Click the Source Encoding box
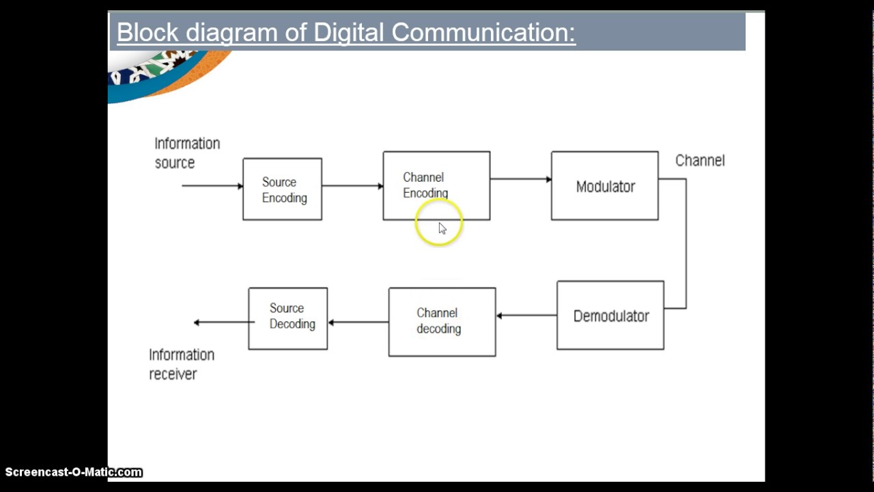[282, 189]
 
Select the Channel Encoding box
[436, 185]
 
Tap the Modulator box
[604, 186]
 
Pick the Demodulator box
[610, 316]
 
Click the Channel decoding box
[442, 321]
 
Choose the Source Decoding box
[287, 318]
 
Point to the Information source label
[186, 153]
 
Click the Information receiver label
[181, 364]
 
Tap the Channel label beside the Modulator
[700, 161]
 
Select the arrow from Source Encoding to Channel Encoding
[352, 186]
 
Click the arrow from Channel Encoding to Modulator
[520, 179]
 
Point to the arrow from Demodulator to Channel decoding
[526, 316]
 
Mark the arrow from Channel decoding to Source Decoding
[358, 323]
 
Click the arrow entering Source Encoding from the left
[212, 186]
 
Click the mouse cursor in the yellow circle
[442, 228]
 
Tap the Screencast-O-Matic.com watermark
[73, 472]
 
